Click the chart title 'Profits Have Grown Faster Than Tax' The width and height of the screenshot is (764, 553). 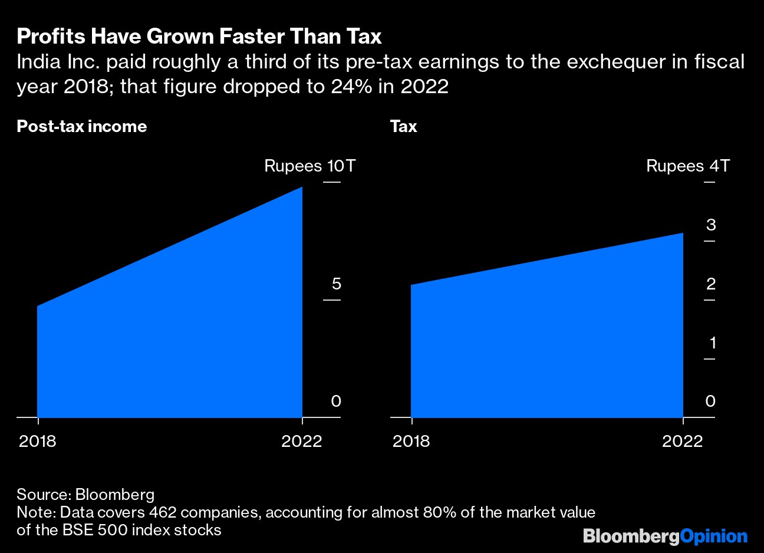pyautogui.click(x=199, y=37)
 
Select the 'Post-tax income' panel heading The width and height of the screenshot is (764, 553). pyautogui.click(x=82, y=127)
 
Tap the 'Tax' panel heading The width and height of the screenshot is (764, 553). pyautogui.click(x=404, y=127)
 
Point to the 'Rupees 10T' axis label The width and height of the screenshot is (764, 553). pyautogui.click(x=309, y=166)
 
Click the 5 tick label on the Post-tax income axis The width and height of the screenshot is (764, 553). pyautogui.click(x=336, y=284)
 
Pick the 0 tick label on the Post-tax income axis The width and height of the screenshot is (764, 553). pyautogui.click(x=336, y=401)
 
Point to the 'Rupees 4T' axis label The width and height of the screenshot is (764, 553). pyautogui.click(x=688, y=166)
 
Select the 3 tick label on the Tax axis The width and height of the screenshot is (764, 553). pyautogui.click(x=711, y=225)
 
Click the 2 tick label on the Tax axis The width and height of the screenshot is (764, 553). pyautogui.click(x=711, y=284)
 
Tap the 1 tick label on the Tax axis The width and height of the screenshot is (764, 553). pyautogui.click(x=712, y=343)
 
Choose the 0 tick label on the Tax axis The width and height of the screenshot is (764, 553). pyautogui.click(x=710, y=401)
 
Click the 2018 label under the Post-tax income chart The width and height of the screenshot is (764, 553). pyautogui.click(x=38, y=441)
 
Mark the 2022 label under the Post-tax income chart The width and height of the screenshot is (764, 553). pyautogui.click(x=302, y=441)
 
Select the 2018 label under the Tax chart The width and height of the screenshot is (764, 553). pyautogui.click(x=411, y=441)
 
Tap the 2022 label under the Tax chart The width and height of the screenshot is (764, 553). pyautogui.click(x=683, y=441)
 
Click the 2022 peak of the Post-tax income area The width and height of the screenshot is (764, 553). pyautogui.click(x=301, y=188)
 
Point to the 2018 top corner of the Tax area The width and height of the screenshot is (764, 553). pyautogui.click(x=411, y=286)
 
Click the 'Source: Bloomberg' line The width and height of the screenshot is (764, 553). pyautogui.click(x=85, y=495)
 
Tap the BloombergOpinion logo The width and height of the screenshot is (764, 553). pyautogui.click(x=665, y=536)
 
